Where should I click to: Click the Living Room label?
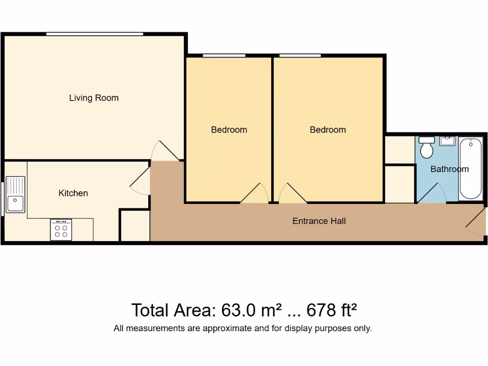pyautogui.click(x=94, y=98)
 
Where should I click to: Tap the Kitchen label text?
pyautogui.click(x=73, y=193)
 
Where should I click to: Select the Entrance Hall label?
pyautogui.click(x=319, y=221)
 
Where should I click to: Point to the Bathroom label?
pyautogui.click(x=449, y=169)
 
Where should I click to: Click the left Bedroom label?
pyautogui.click(x=229, y=130)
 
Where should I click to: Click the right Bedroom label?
pyautogui.click(x=327, y=130)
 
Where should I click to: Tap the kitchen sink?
pyautogui.click(x=15, y=194)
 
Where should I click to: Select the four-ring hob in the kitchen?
pyautogui.click(x=61, y=230)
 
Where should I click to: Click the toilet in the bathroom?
pyautogui.click(x=427, y=147)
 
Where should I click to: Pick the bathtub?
pyautogui.click(x=470, y=169)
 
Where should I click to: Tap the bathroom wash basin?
pyautogui.click(x=447, y=141)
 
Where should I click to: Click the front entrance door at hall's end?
pyautogui.click(x=475, y=222)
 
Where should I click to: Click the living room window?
pyautogui.click(x=94, y=34)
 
